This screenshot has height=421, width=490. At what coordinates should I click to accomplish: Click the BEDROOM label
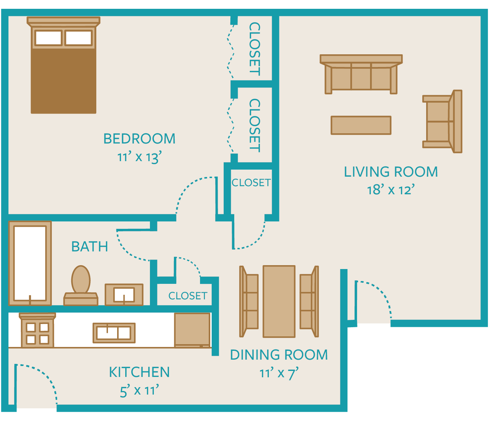click(x=139, y=139)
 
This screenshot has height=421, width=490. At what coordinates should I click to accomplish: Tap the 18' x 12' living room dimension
click(x=391, y=190)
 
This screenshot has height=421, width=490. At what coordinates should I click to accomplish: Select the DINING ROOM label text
click(x=279, y=355)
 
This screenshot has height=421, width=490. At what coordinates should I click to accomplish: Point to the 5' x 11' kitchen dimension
click(x=139, y=391)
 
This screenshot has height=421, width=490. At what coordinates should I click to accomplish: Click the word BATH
click(x=90, y=246)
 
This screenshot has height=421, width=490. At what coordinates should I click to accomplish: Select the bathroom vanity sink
click(x=124, y=295)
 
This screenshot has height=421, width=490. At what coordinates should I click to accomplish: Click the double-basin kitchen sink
click(x=114, y=333)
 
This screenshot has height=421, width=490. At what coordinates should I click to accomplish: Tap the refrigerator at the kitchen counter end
click(x=192, y=330)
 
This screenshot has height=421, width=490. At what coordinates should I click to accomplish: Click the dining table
click(x=279, y=301)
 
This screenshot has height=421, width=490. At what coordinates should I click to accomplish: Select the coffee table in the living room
click(x=361, y=125)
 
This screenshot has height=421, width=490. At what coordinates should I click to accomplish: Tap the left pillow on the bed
click(x=49, y=38)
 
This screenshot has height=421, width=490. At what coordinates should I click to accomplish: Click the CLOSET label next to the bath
click(x=188, y=296)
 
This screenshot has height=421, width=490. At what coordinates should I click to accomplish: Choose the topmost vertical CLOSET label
click(x=255, y=49)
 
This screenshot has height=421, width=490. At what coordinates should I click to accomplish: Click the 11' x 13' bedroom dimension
click(x=139, y=157)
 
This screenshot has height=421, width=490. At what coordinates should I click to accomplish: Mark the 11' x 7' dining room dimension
click(x=279, y=373)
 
